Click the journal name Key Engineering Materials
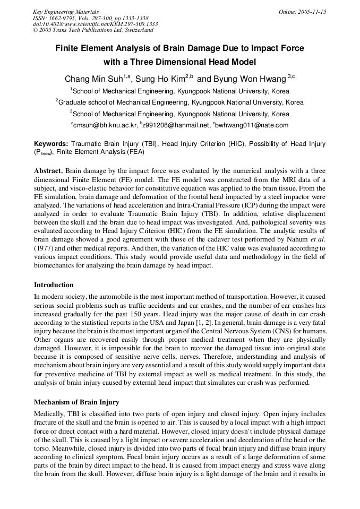click(x=66, y=12)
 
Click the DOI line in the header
click(x=95, y=24)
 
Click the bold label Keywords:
click(x=51, y=144)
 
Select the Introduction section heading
click(x=54, y=285)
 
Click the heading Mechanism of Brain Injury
click(x=76, y=402)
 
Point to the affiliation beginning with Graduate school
click(x=179, y=102)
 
